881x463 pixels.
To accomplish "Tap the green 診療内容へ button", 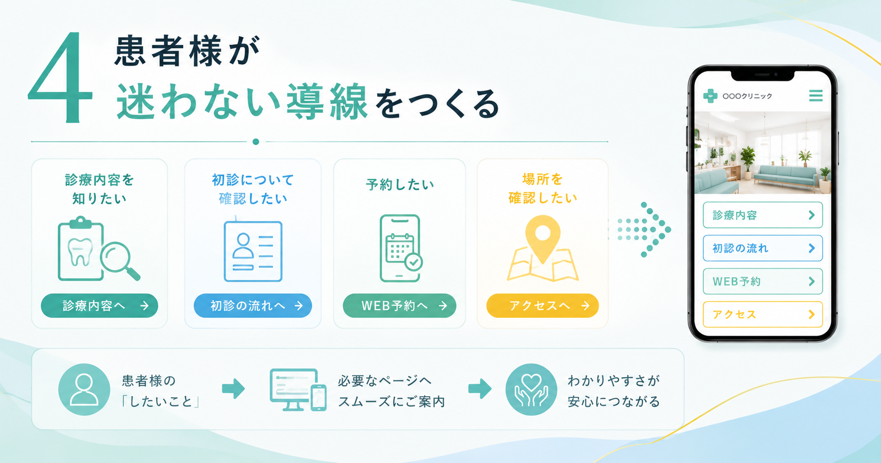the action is [99, 306].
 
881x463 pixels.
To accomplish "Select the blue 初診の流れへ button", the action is [252, 306].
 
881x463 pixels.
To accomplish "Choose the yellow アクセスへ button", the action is [543, 306].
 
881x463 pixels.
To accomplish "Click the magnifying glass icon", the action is [120, 260].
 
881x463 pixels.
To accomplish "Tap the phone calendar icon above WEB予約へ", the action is [401, 248].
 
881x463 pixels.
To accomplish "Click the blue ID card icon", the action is [253, 251].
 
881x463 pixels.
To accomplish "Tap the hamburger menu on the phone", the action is [816, 95].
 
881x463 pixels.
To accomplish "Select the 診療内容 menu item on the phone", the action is [762, 215].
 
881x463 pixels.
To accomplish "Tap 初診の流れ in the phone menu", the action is [762, 248].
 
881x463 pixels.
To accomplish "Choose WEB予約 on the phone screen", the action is [762, 281].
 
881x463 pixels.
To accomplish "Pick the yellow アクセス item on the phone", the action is [762, 314].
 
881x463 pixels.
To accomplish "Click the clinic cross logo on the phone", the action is [710, 95].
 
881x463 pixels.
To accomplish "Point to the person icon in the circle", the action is [84, 390].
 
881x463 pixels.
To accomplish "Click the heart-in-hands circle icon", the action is [531, 390].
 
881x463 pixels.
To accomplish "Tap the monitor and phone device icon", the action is [298, 390].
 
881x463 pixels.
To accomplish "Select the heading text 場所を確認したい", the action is [543, 188].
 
